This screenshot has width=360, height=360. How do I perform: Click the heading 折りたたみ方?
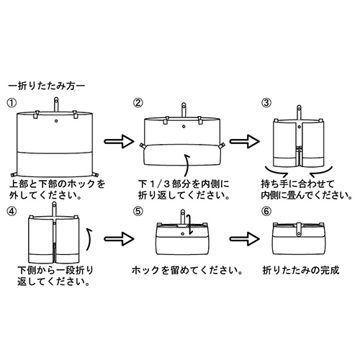tap(47, 86)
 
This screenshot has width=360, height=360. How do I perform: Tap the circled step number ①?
tap(12, 103)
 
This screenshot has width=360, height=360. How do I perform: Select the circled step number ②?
tap(138, 103)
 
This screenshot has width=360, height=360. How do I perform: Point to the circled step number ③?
tap(266, 103)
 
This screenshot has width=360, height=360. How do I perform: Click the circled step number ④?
tap(12, 212)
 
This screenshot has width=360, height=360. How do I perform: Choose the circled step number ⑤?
tap(138, 212)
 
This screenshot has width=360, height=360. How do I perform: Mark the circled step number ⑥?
tap(266, 212)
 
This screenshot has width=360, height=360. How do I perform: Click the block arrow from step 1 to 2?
tap(119, 141)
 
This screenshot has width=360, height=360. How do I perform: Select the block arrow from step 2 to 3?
tap(245, 141)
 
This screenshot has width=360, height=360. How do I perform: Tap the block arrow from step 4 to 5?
tap(119, 239)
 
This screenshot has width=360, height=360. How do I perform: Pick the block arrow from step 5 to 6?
tap(245, 239)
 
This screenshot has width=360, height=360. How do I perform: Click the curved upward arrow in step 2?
tap(186, 166)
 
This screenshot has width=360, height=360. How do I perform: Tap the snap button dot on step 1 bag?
tap(56, 121)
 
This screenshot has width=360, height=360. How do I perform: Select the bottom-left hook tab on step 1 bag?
tap(14, 174)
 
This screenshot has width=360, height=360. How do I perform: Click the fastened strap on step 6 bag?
tap(299, 229)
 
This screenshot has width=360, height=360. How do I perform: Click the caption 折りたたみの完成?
tap(301, 271)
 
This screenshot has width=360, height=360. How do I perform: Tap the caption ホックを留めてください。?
tap(187, 271)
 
